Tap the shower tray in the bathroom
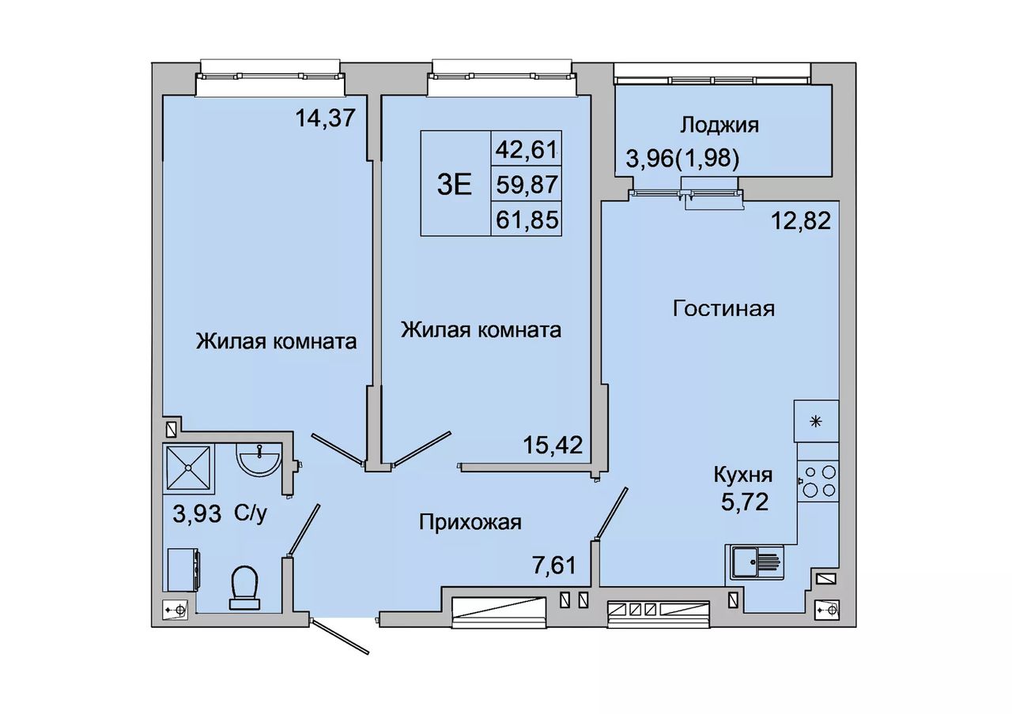click(x=188, y=467)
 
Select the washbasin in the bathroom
click(x=258, y=460)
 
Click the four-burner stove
click(x=818, y=481)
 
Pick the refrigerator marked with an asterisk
click(x=816, y=421)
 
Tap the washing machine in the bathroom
click(x=184, y=569)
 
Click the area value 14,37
click(x=325, y=118)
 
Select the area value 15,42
click(x=553, y=445)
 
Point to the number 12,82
click(x=801, y=221)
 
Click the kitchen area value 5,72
click(x=745, y=502)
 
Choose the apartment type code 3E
click(x=455, y=185)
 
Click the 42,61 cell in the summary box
click(x=527, y=149)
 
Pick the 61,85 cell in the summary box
click(x=527, y=220)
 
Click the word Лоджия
click(x=719, y=125)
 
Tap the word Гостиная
click(x=723, y=309)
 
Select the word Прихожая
click(x=470, y=523)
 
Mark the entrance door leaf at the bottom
click(x=341, y=637)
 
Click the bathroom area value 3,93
click(x=197, y=513)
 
